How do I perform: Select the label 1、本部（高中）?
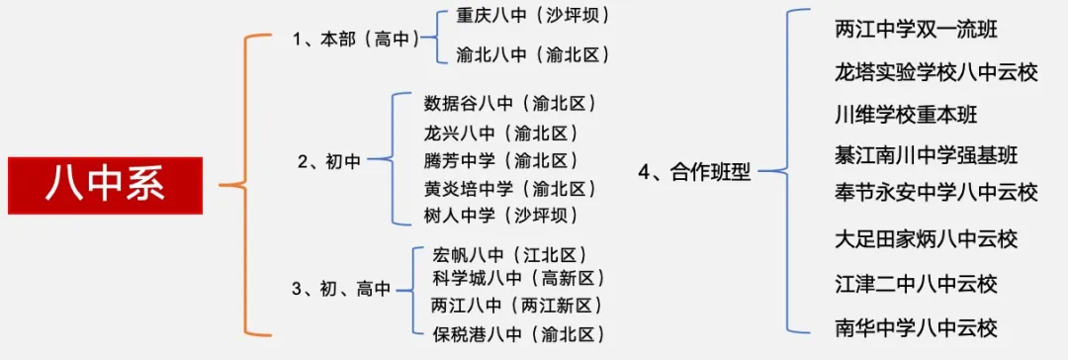point(354,39)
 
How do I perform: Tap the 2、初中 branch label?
point(330,161)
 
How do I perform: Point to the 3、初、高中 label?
point(342,289)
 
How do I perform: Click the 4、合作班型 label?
point(695,172)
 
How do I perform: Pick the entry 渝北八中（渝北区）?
point(533,56)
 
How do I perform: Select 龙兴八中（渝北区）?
point(500,133)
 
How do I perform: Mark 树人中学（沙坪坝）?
point(500,216)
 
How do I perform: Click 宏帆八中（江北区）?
point(510,255)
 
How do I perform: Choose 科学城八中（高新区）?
point(519,279)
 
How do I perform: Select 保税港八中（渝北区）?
point(519,333)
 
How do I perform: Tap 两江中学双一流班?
point(917,30)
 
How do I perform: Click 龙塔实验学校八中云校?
point(936,72)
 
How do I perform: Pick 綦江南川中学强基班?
point(927,155)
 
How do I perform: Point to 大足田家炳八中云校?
point(927,238)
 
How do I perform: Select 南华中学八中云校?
point(917,327)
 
